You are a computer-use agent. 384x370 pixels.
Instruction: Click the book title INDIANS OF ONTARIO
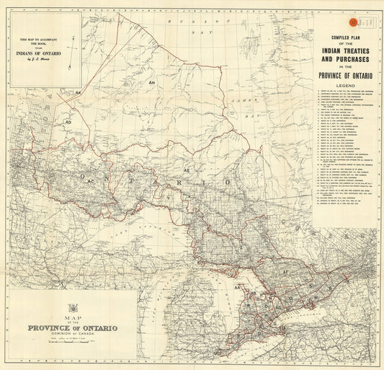pyautogui.click(x=45, y=53)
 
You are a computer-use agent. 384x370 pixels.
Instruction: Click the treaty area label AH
pyautogui.click(x=151, y=84)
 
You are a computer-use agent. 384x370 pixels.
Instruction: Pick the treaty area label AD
pyautogui.click(x=68, y=122)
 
